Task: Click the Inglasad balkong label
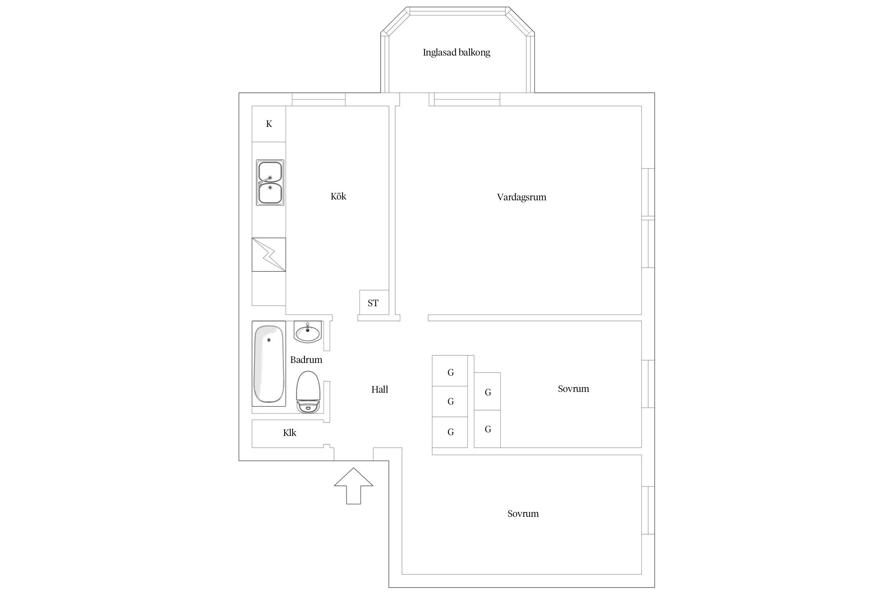(456, 53)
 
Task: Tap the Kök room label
(338, 196)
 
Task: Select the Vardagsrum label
(521, 198)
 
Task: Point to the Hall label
(379, 390)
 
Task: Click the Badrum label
(306, 360)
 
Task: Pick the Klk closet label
(289, 433)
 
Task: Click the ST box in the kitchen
(373, 303)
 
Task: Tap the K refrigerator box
(269, 124)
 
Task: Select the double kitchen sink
(270, 182)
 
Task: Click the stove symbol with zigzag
(269, 255)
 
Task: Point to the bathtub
(269, 364)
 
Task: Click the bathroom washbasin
(308, 332)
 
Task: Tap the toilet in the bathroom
(308, 392)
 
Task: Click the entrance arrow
(354, 486)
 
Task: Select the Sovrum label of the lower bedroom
(523, 514)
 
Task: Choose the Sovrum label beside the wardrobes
(573, 389)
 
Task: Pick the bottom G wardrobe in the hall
(450, 432)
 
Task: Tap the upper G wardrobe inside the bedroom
(487, 392)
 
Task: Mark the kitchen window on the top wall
(318, 99)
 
